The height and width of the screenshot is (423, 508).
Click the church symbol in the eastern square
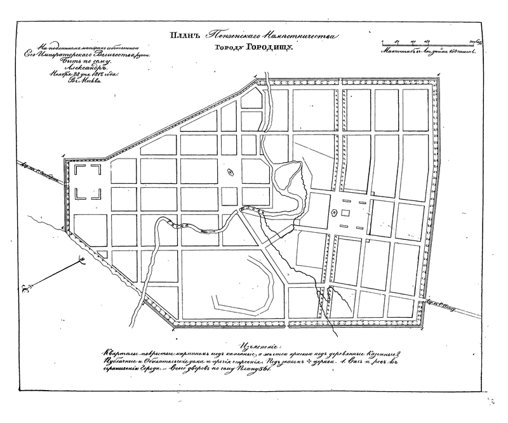332,213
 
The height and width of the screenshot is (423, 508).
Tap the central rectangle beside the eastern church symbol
347,214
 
